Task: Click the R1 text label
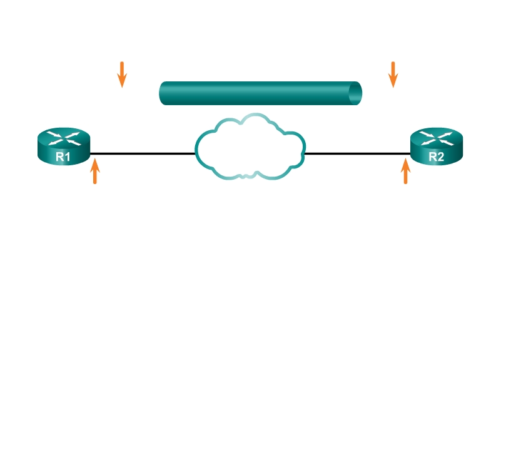[63, 157]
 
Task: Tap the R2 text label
[436, 157]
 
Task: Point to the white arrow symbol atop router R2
[436, 138]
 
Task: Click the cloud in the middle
[250, 148]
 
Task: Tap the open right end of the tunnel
[355, 93]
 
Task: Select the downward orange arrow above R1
[122, 74]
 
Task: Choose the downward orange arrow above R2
[393, 74]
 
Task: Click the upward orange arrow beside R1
[95, 171]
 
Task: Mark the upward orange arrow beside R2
[405, 171]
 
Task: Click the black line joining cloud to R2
[357, 153]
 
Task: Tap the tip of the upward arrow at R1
[95, 160]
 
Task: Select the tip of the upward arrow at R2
[405, 160]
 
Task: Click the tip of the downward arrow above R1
[122, 86]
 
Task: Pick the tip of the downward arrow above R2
[393, 86]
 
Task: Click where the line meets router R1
[90, 153]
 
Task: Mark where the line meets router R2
[410, 153]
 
